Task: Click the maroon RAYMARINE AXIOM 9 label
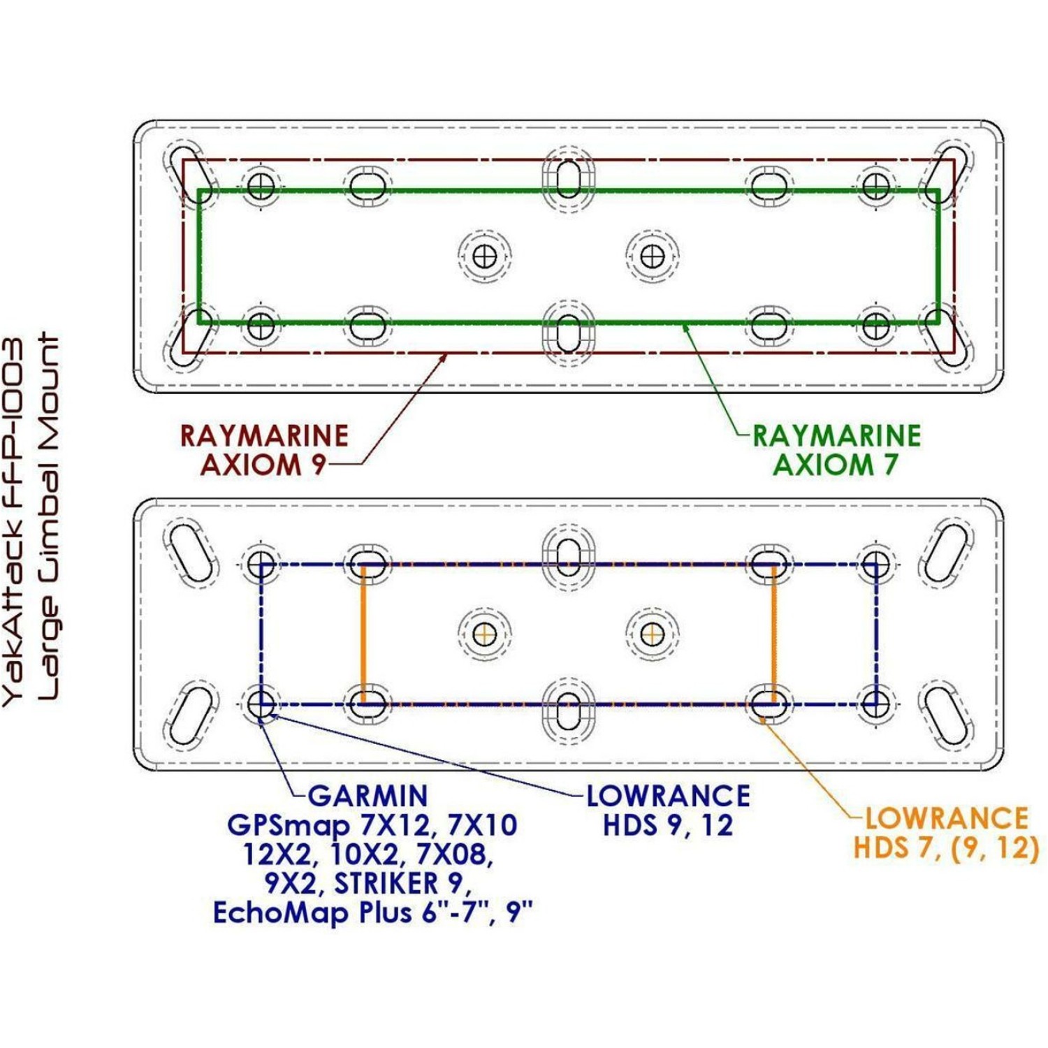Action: [x=264, y=450]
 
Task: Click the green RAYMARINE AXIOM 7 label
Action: [x=836, y=450]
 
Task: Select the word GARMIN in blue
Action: [x=367, y=796]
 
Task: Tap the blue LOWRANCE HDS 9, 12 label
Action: [x=668, y=810]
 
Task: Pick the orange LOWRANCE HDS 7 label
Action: [x=946, y=833]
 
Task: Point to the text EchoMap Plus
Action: [x=311, y=913]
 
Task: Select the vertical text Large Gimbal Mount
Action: [x=49, y=517]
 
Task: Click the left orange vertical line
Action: [x=363, y=634]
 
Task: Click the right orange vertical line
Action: [x=774, y=634]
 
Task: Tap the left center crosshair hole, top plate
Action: [x=484, y=256]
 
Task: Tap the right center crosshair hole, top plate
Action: [x=652, y=256]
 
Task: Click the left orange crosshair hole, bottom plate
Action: [x=484, y=634]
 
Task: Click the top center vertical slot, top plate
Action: [x=569, y=179]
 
